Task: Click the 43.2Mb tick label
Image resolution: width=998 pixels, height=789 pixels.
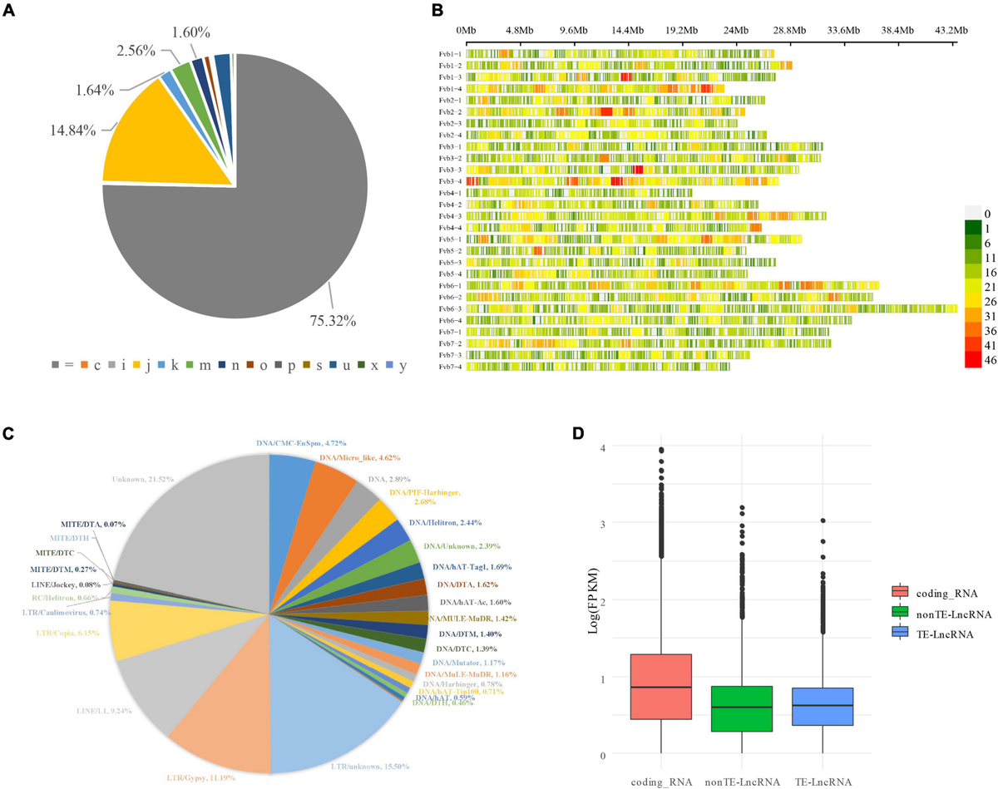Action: [x=951, y=30]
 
